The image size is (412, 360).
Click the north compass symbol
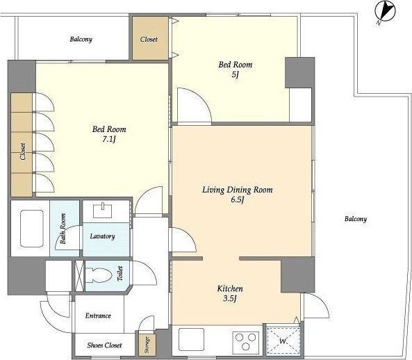point(385,11)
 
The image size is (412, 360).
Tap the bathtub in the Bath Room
point(31,229)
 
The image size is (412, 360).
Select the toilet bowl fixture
point(99,275)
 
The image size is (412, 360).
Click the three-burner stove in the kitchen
point(245,341)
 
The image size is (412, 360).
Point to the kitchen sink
point(191,338)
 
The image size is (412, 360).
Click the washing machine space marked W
point(283,341)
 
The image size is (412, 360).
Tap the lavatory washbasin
point(103,211)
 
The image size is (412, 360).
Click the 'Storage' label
point(147,345)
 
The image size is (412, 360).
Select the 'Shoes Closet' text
point(104,345)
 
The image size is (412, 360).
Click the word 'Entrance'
point(98,316)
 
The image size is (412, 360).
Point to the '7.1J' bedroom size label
point(109,139)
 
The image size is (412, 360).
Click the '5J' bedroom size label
point(235,74)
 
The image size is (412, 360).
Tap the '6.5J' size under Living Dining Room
point(238,199)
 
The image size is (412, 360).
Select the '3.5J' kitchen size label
point(230,299)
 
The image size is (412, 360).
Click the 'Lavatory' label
point(102,236)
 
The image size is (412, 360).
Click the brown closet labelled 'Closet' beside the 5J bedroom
point(150,38)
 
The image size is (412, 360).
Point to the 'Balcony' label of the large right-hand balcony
point(356,219)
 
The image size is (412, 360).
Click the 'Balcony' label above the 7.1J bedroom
point(81,39)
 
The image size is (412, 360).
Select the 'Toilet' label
point(120,273)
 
